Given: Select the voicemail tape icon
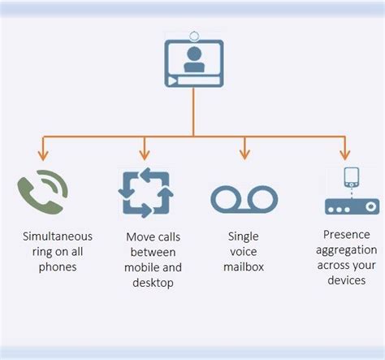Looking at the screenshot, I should pos(244,198).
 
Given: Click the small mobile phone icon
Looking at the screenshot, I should pos(352,177).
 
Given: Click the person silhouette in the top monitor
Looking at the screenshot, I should pos(194,59).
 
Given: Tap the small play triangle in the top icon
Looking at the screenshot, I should pos(172,82).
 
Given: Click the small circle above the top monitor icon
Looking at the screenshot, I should pos(194,35).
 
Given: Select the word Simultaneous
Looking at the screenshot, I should pos(58,236).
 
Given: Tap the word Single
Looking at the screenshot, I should pos(244,236).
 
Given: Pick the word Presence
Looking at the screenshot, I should pos(345,236).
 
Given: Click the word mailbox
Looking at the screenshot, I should pos(244,266).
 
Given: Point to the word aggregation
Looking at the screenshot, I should pos(345,250).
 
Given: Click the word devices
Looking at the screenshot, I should pos(345,280).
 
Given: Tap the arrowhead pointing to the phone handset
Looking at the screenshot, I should pos(43,154).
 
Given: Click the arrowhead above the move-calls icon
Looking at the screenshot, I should pos(145,154).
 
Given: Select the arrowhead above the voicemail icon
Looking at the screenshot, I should pos(244,154).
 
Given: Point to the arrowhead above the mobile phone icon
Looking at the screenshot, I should pos(344,154).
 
